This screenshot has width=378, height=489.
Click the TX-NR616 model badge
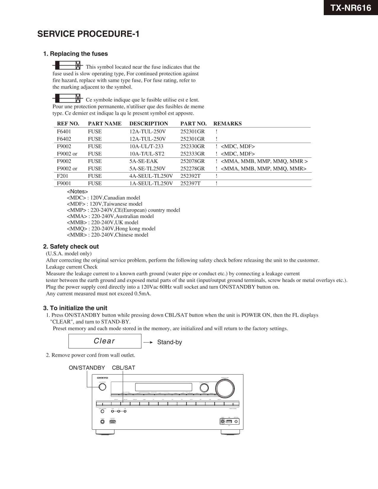coord(351,8)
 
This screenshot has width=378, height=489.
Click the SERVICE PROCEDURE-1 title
coord(88,34)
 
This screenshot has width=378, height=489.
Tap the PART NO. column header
coord(193,124)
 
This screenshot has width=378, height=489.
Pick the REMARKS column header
coord(227,124)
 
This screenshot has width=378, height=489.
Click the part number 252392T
coord(190,176)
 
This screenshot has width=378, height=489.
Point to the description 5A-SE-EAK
coord(143,161)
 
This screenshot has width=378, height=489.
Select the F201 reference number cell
coord(63,176)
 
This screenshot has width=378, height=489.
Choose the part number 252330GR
coord(192,146)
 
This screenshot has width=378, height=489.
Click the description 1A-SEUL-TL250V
coord(151,183)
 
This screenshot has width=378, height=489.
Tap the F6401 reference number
coord(64,131)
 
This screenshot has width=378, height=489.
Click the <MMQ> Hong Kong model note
coord(111,229)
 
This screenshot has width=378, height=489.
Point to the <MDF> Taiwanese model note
coord(105,204)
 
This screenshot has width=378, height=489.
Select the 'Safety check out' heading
coord(71,246)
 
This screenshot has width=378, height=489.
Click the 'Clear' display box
coord(105,341)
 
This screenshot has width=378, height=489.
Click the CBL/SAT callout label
coord(124,368)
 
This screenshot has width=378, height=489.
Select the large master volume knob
coord(225,388)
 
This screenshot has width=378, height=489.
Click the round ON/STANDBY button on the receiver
coord(102,387)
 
